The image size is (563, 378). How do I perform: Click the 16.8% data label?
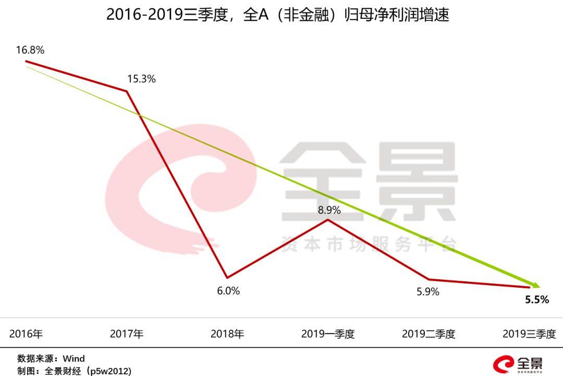pyautogui.click(x=30, y=50)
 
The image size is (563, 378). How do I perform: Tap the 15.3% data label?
pyautogui.click(x=141, y=79)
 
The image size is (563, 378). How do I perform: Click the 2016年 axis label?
pyautogui.click(x=26, y=334)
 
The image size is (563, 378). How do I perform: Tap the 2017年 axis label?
pyautogui.click(x=127, y=334)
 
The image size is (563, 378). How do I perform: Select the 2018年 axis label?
pyautogui.click(x=227, y=334)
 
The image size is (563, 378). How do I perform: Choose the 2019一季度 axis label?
pyautogui.click(x=328, y=334)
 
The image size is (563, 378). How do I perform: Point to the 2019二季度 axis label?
pyautogui.click(x=429, y=334)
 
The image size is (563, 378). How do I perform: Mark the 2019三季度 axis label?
pyautogui.click(x=529, y=334)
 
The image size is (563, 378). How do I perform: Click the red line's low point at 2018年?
pyautogui.click(x=227, y=277)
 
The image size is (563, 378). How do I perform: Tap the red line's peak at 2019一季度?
pyautogui.click(x=328, y=219)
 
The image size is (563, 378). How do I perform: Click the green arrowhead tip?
pyautogui.click(x=540, y=287)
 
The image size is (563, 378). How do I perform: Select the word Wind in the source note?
pyautogui.click(x=74, y=359)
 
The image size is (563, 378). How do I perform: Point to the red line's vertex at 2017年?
pyautogui.click(x=127, y=91)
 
